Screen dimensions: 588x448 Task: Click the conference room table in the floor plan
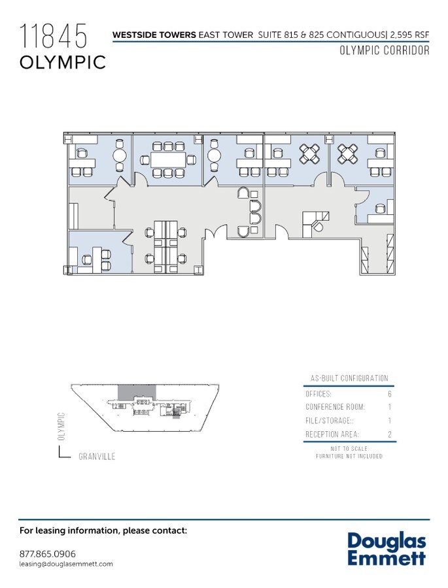(168, 159)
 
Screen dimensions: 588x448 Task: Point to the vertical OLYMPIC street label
(61, 426)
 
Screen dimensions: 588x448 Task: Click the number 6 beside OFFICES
(390, 395)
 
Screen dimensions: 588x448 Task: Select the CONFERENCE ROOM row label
(335, 407)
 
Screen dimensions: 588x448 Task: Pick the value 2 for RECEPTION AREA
(390, 434)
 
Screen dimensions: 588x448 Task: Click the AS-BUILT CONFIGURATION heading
(349, 378)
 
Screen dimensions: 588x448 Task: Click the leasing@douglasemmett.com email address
(67, 564)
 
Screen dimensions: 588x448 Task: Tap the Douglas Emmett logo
(386, 549)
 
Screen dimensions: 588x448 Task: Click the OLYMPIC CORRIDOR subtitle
(385, 51)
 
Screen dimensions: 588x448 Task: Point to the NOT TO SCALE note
(349, 449)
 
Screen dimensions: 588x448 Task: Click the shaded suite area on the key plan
(137, 391)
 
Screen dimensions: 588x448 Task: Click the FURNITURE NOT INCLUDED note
(349, 456)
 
